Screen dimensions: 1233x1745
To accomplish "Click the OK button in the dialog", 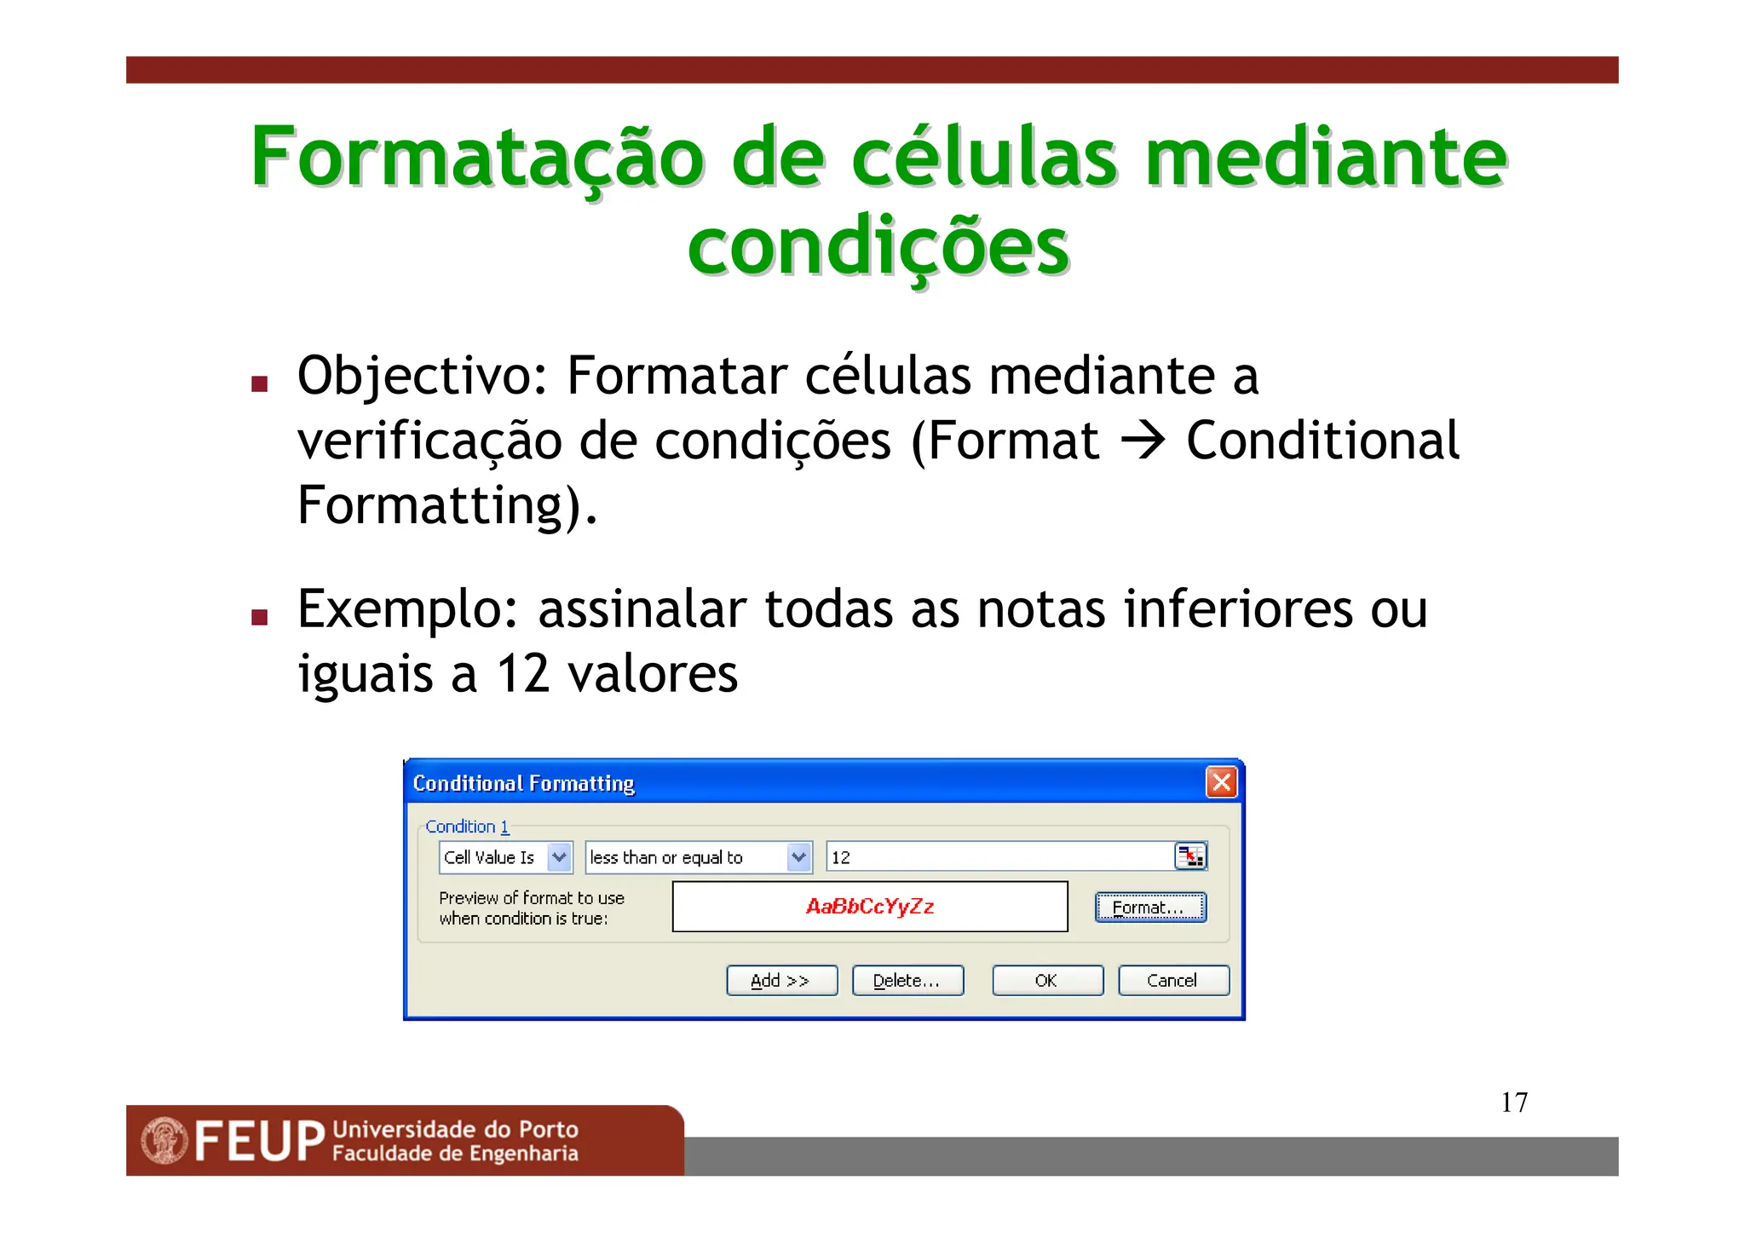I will coord(1046,980).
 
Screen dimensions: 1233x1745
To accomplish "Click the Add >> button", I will coord(781,980).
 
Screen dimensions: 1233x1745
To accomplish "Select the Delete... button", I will coord(907,980).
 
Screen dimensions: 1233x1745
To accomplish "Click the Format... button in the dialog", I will coord(1149,907).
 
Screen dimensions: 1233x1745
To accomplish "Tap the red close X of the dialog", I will coord(1221,781).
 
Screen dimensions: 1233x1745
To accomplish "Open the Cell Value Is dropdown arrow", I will coord(559,856).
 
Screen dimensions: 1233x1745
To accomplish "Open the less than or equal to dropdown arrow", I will coord(798,856).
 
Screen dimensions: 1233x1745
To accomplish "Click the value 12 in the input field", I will coord(841,857).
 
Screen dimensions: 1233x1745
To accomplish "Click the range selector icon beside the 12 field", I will coord(1190,856).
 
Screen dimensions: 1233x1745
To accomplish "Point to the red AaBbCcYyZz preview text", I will coord(870,906).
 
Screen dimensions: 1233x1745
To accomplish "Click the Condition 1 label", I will coord(467,826).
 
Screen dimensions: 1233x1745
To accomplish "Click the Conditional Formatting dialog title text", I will coord(523,782).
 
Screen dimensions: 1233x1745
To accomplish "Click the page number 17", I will coord(1514,1102).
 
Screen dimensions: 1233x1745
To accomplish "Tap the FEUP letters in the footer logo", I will coord(259,1141).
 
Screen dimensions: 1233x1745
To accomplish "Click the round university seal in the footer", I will coord(164,1140).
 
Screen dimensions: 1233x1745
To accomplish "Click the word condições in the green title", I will coord(878,246).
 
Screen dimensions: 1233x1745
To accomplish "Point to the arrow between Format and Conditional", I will coord(1143,441).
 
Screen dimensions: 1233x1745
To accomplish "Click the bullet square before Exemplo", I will coord(260,617).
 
